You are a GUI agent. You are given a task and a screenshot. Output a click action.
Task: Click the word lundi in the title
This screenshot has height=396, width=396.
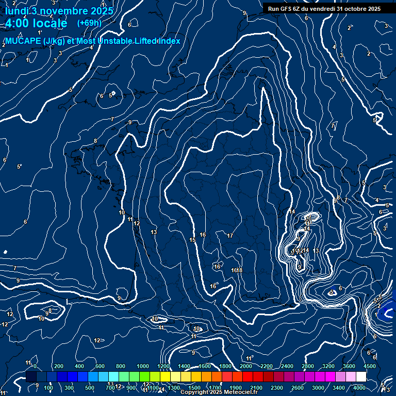(17, 11)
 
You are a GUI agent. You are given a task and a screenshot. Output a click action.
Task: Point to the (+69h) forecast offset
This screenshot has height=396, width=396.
(89, 23)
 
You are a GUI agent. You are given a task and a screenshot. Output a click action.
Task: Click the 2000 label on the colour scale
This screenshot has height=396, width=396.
(246, 366)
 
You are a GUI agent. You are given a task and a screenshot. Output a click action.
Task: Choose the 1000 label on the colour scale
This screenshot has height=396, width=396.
(143, 366)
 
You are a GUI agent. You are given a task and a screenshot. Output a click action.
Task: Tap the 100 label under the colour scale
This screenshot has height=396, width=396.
(49, 388)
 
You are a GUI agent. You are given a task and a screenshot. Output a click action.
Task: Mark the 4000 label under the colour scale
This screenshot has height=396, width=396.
(359, 388)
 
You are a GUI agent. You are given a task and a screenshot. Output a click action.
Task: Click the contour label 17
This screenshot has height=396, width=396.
(230, 236)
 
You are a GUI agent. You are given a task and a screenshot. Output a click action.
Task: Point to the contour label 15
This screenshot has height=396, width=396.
(192, 240)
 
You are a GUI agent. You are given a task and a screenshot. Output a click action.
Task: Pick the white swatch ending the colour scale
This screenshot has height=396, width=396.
(361, 377)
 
